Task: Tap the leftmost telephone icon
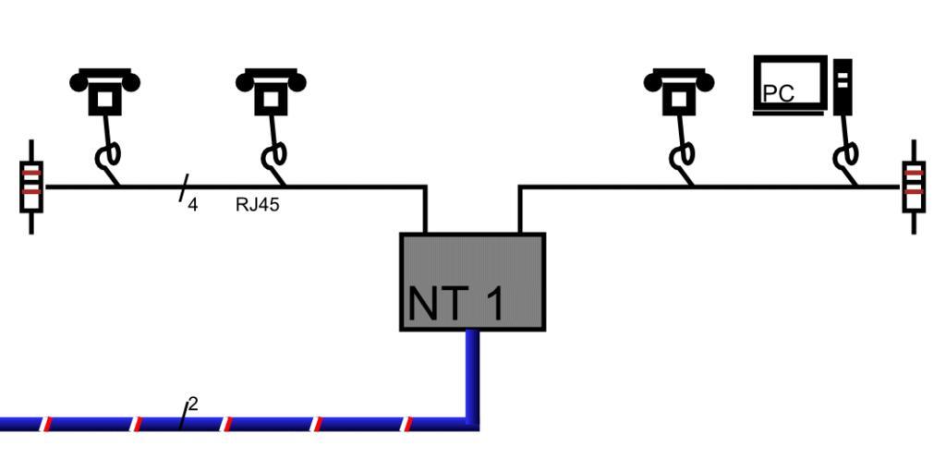tap(104, 90)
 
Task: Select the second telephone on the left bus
tap(271, 90)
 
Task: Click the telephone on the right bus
tap(679, 90)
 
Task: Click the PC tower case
tap(842, 87)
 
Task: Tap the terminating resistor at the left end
tap(31, 187)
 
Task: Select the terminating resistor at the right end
tap(914, 187)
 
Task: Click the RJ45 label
tap(257, 205)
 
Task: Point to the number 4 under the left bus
tap(193, 205)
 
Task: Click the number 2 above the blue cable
tap(193, 404)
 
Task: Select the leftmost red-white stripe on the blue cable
tap(46, 424)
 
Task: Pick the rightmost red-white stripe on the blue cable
tap(406, 424)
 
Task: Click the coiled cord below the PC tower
tap(845, 157)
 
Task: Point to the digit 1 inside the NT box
tap(494, 304)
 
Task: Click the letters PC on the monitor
tap(779, 93)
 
